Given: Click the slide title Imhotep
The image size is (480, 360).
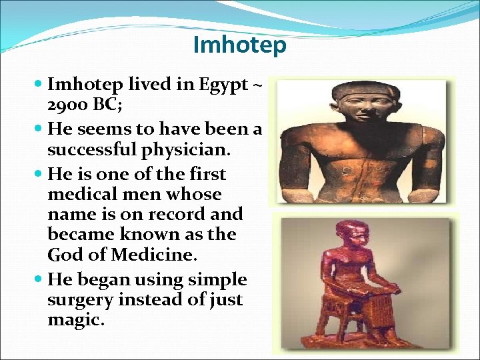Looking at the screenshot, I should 239,45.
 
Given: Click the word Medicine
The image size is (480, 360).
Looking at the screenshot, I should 157,254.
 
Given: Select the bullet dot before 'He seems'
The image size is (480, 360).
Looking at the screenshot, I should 39,128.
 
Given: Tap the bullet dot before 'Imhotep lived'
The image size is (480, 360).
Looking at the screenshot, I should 39,85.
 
